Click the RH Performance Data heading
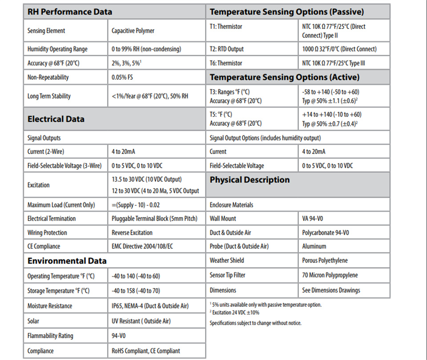(70, 12)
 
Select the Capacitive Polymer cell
(133, 31)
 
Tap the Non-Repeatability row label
(48, 77)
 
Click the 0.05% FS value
(122, 77)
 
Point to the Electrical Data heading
(56, 119)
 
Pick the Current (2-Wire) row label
(46, 152)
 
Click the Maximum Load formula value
(136, 205)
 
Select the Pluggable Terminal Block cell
(154, 218)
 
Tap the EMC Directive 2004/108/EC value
(142, 247)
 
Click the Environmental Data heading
(67, 261)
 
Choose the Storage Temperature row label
(58, 291)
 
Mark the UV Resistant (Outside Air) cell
(141, 321)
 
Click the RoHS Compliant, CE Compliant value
(146, 351)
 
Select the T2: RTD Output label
(226, 49)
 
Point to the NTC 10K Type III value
(333, 63)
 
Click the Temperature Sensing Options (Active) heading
(285, 77)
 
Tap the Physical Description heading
(250, 180)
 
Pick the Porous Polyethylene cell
(325, 260)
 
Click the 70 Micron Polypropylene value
(330, 275)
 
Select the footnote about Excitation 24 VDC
(234, 312)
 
